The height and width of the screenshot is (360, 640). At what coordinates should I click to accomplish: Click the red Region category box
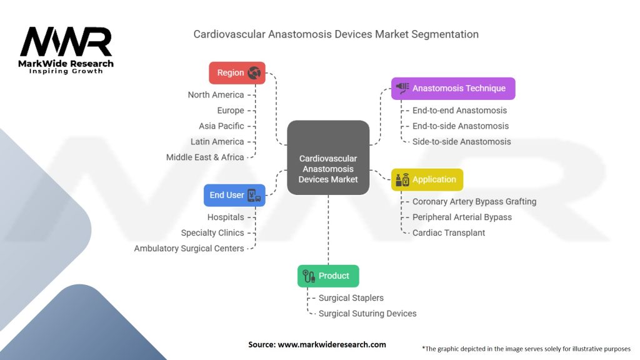pos(237,72)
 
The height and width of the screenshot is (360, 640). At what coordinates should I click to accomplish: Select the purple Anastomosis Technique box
pos(453,88)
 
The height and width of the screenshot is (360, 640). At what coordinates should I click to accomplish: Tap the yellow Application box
pos(427,179)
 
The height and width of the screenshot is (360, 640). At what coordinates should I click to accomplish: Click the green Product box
pos(327,276)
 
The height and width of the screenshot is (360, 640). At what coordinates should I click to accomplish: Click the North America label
pos(216,95)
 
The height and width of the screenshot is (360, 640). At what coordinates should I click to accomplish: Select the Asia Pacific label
pos(221,126)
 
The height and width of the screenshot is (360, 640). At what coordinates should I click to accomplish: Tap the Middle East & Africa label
pos(205,157)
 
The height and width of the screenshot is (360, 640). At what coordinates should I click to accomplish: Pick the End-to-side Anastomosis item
pos(461,126)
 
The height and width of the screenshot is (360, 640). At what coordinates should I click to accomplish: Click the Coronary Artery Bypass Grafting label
pos(474,202)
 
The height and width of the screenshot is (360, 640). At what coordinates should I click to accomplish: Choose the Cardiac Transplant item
pos(449,233)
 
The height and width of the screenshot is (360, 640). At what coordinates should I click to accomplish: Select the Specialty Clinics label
pos(212,233)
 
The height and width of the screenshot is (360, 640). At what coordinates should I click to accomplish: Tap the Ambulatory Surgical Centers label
pos(189,249)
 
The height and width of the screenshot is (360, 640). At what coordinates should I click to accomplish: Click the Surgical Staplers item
pos(351,298)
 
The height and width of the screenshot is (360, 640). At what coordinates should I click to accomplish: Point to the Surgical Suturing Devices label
pos(367,314)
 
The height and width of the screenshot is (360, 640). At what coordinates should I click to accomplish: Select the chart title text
pos(336,34)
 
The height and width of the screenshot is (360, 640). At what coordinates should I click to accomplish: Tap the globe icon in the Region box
pos(254,73)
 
